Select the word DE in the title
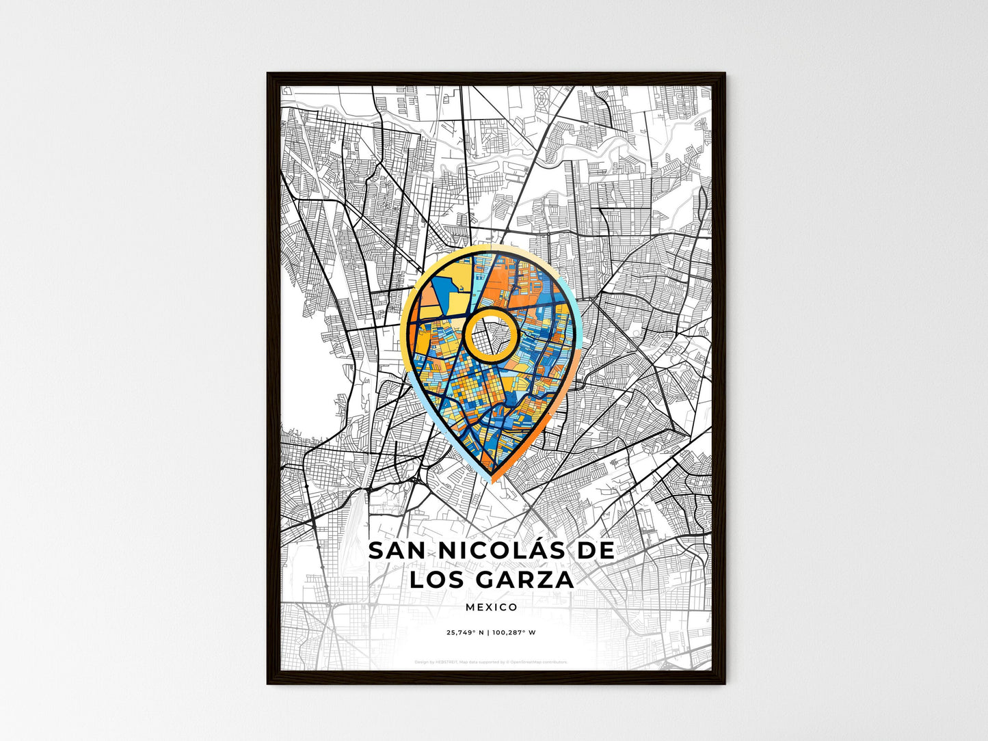[596, 551]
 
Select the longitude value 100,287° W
[515, 632]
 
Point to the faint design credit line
[491, 662]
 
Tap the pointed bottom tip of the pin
[492, 479]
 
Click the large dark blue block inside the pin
[438, 288]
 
